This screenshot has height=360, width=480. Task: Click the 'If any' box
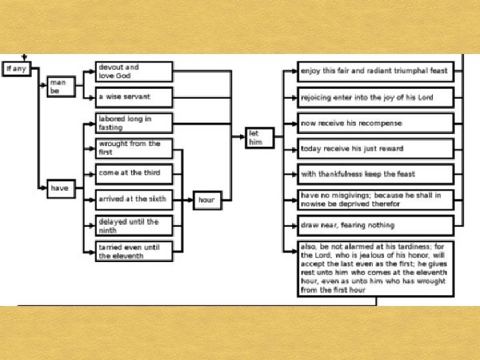(17, 69)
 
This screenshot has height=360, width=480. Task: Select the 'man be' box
(61, 87)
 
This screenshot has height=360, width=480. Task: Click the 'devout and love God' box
(134, 71)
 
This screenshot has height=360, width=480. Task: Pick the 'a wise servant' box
(134, 97)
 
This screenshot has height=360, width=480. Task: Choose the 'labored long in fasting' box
(134, 123)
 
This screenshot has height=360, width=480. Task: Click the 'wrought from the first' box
(134, 147)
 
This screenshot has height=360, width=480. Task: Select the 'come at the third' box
(134, 173)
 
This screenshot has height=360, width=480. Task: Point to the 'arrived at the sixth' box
(134, 199)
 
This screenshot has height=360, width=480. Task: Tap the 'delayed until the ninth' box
(134, 225)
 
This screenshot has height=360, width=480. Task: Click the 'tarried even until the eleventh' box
(134, 251)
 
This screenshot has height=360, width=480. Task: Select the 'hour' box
(207, 200)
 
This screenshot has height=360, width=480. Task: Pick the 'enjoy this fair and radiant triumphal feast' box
(375, 71)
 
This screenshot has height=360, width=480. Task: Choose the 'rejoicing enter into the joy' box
(375, 97)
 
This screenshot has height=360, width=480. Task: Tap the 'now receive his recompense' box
(375, 123)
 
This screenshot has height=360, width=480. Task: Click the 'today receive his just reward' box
(375, 149)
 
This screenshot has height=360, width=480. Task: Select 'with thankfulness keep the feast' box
(375, 174)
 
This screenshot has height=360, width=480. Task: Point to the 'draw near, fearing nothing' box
(375, 225)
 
